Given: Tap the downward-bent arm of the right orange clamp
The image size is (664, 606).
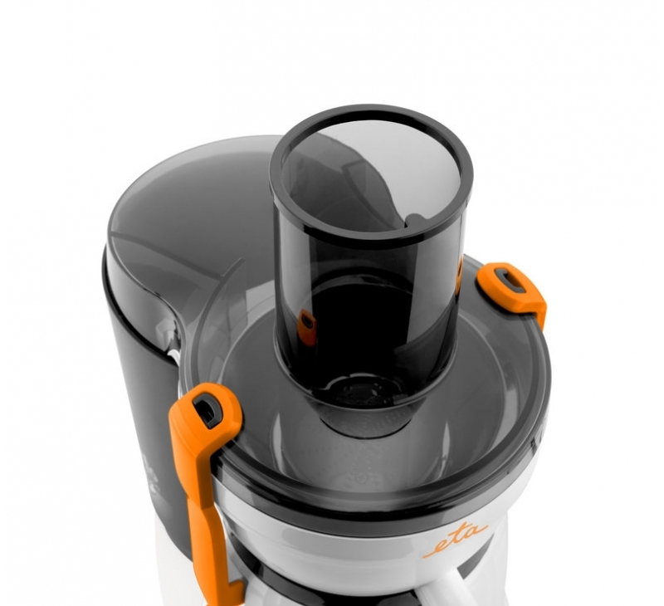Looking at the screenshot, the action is [535, 305].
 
